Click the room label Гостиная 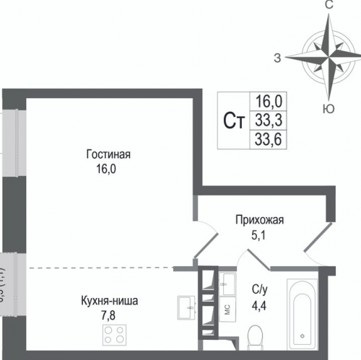coord(108,154)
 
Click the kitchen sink coord(186,307)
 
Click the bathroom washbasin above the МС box coord(227,282)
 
